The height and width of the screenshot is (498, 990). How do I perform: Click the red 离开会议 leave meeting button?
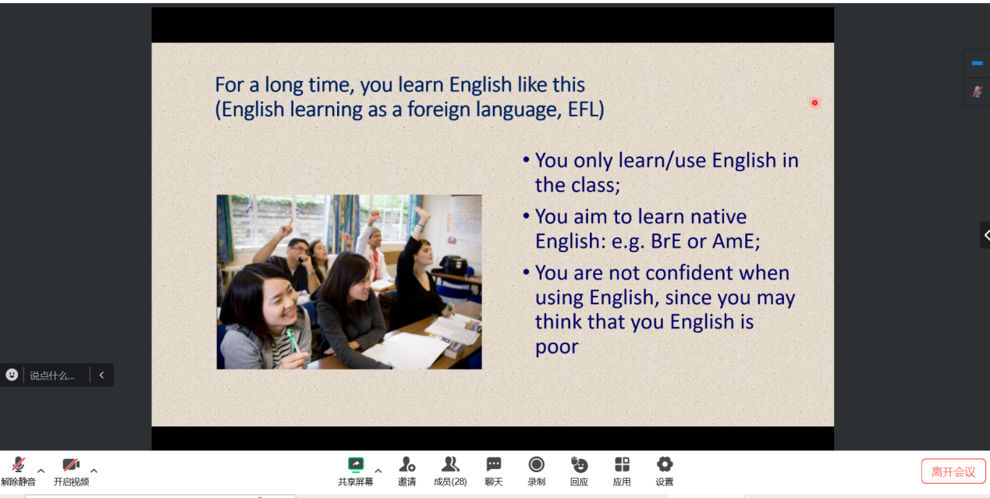(x=953, y=472)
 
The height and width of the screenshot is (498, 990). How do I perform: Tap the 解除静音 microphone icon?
(x=18, y=465)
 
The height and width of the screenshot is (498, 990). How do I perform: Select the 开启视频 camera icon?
(x=71, y=465)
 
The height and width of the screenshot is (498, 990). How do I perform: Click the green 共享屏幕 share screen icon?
(x=355, y=465)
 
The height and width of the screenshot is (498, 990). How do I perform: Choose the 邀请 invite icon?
(x=406, y=465)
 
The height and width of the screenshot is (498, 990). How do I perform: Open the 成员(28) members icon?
(x=450, y=465)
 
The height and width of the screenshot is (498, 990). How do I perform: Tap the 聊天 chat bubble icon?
(x=494, y=464)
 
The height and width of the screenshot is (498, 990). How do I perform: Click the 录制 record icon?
(x=536, y=465)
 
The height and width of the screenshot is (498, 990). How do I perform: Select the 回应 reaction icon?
(x=579, y=465)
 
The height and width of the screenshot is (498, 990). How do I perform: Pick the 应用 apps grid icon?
(x=622, y=465)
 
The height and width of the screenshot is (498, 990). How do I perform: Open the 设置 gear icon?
(x=665, y=465)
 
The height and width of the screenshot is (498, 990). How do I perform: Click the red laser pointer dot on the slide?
(x=814, y=103)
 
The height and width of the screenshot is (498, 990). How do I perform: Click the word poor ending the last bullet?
(x=556, y=347)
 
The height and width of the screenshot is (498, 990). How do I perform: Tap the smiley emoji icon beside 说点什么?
(x=12, y=375)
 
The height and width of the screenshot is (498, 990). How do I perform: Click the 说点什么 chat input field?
(x=52, y=375)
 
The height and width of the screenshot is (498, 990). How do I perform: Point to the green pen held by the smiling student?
(x=293, y=341)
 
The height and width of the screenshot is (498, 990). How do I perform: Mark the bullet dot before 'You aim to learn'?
(x=526, y=216)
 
